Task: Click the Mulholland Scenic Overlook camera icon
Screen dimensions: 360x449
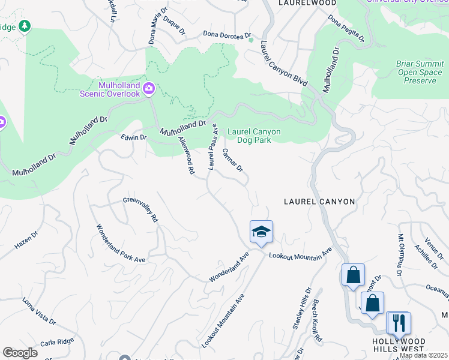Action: pyautogui.click(x=149, y=89)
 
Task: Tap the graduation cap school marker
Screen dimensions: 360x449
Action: pyautogui.click(x=261, y=231)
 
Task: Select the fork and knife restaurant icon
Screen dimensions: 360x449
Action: pyautogui.click(x=398, y=323)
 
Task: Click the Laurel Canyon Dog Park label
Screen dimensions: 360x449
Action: pyautogui.click(x=254, y=136)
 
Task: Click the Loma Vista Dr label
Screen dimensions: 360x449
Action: pyautogui.click(x=38, y=311)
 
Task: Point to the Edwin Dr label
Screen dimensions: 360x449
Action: pyautogui.click(x=133, y=137)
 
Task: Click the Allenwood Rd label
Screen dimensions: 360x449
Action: pyautogui.click(x=186, y=155)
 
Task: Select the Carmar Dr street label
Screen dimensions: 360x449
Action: pyautogui.click(x=233, y=160)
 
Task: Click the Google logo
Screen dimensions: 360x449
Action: pyautogui.click(x=20, y=353)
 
